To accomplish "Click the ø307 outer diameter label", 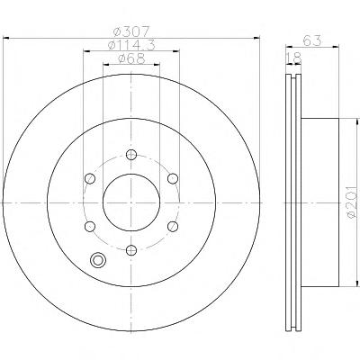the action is click(x=132, y=31).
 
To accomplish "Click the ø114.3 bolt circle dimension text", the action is click(x=131, y=45).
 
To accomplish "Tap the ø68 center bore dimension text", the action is click(x=131, y=58).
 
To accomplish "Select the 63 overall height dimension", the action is click(x=312, y=40).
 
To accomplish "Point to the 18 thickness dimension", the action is click(x=293, y=58).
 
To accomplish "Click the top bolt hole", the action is click(x=131, y=155).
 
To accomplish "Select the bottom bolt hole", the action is click(x=131, y=249).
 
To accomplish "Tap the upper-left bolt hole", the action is click(x=90, y=179).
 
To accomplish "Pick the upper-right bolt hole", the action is click(x=173, y=179).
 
